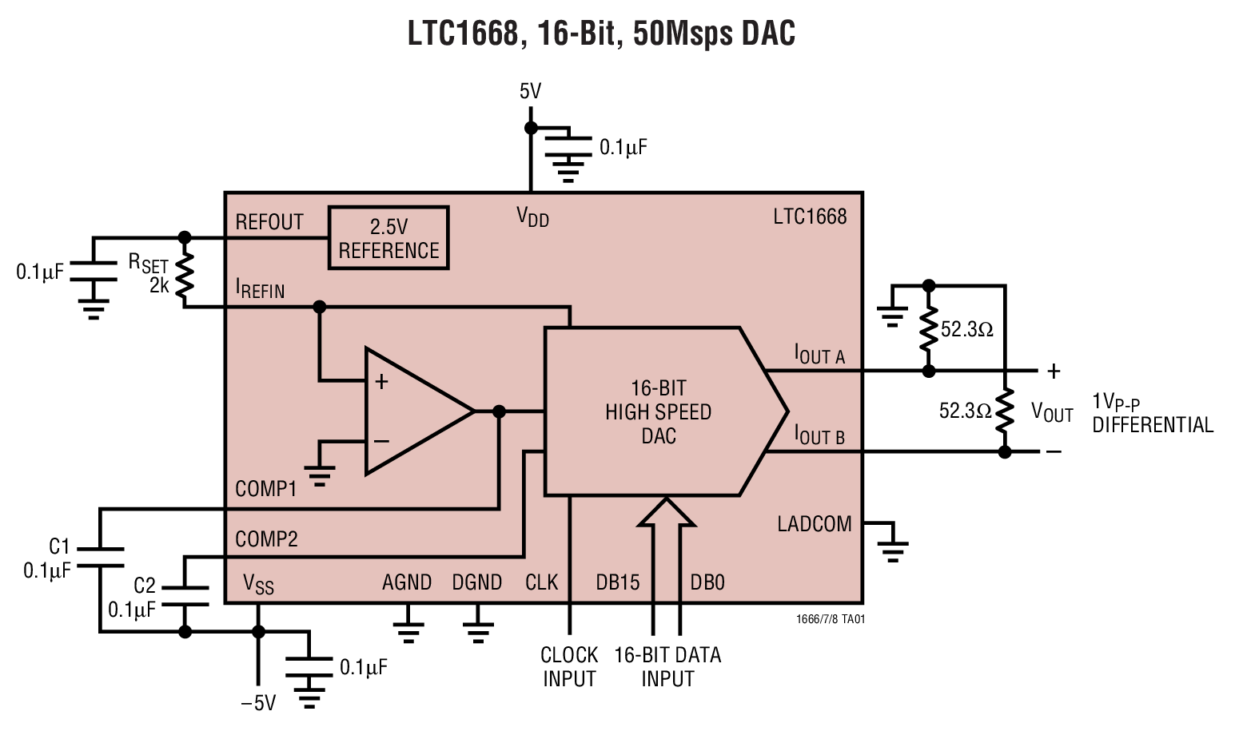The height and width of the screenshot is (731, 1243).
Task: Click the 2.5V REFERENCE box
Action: point(388,238)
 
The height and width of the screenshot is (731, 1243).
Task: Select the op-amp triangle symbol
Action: point(412,411)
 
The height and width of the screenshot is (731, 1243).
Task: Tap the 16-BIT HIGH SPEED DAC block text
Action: point(658,411)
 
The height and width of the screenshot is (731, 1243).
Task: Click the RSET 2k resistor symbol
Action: point(185,274)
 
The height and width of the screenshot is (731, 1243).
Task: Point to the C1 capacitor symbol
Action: point(100,557)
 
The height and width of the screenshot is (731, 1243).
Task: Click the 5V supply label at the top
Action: point(530,92)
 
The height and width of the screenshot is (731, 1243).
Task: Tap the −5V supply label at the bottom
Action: point(258,703)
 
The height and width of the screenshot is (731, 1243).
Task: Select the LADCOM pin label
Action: point(814,524)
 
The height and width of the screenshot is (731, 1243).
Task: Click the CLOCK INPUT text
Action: point(569,666)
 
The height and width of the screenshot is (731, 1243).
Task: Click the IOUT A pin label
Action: point(819,354)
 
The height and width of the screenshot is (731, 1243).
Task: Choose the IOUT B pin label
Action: point(819,435)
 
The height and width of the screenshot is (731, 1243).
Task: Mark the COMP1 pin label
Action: point(265,488)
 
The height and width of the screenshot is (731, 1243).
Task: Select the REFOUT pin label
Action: point(269,222)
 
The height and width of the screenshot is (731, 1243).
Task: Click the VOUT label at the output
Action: point(1051,412)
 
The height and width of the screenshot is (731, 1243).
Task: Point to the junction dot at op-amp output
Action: point(499,411)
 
